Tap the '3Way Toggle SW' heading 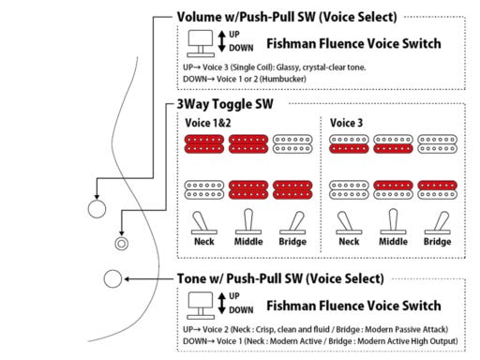[x=225, y=104]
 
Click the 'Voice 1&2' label [x=208, y=123]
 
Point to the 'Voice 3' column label [x=346, y=123]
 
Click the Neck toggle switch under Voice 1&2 [x=204, y=223]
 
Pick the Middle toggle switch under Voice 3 [x=393, y=221]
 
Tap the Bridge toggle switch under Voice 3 [x=438, y=223]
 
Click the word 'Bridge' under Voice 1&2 [x=292, y=242]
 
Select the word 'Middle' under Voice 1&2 [x=248, y=242]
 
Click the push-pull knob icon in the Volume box [x=201, y=44]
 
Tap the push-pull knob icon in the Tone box [x=201, y=306]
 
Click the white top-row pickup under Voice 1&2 [x=292, y=144]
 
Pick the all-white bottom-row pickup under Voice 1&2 [x=204, y=189]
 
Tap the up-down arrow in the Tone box [x=222, y=303]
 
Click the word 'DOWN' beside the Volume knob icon [x=241, y=48]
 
